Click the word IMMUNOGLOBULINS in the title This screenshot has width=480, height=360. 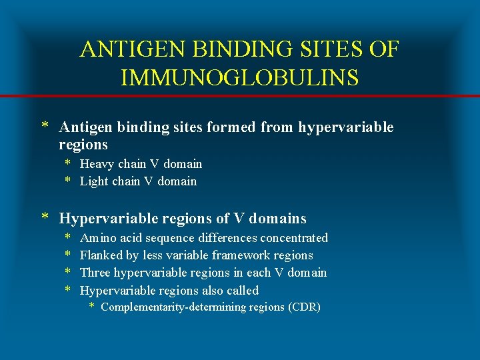(x=240, y=77)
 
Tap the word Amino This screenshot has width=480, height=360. (x=97, y=238)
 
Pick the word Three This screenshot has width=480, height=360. (x=95, y=273)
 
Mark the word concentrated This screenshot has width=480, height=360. (x=294, y=238)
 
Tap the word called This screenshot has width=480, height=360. (x=243, y=291)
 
